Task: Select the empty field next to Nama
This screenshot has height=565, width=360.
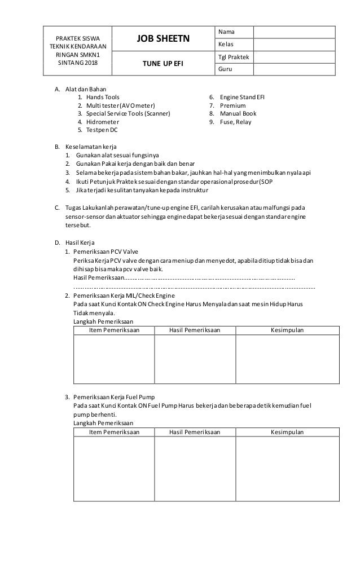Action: (294, 33)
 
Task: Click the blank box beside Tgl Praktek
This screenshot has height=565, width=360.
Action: (294, 57)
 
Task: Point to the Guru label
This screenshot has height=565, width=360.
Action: (225, 69)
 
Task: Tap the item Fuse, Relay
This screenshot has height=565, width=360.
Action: (235, 122)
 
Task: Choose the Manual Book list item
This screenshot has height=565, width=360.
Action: (238, 113)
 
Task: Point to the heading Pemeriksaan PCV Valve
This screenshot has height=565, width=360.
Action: (106, 251)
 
